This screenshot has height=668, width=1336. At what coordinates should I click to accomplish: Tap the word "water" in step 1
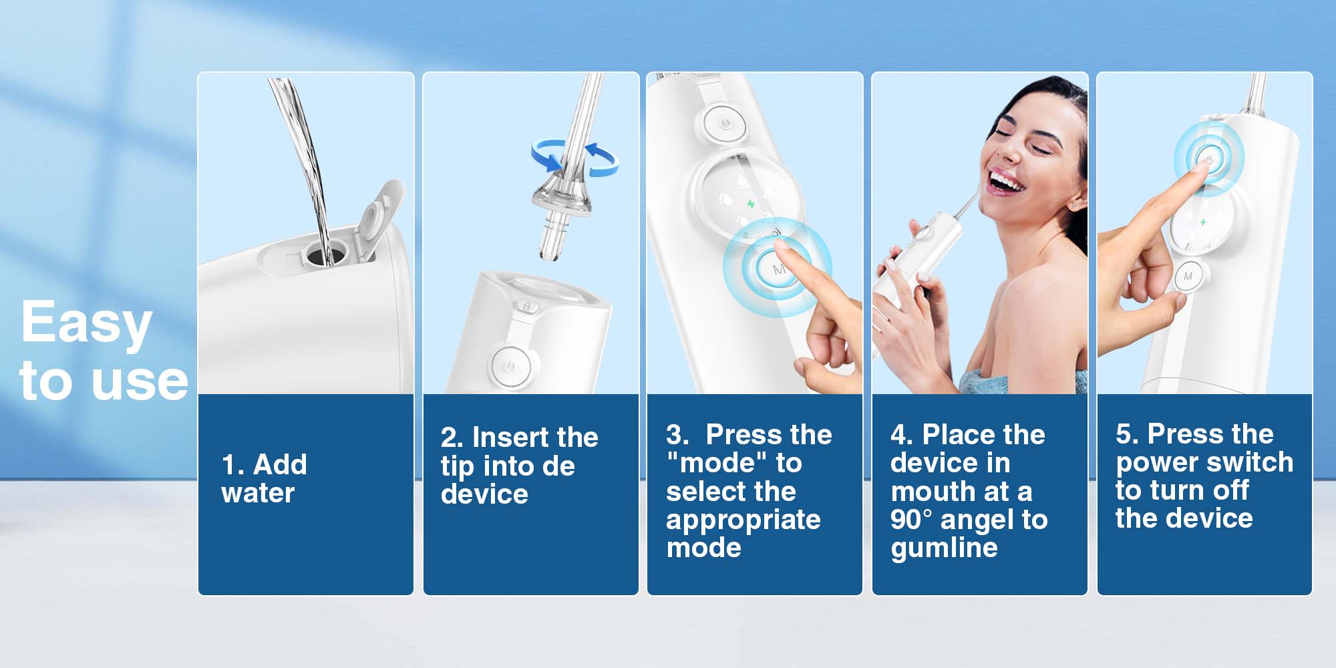tap(257, 494)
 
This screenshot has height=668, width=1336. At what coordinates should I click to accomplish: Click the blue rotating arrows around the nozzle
tap(574, 158)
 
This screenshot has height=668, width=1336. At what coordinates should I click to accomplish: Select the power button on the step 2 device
tap(510, 366)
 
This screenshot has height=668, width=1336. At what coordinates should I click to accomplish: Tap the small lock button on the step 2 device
tap(526, 307)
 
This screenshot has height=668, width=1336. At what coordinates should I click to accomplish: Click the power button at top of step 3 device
tap(724, 124)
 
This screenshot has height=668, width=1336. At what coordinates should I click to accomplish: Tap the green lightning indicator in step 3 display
tap(751, 204)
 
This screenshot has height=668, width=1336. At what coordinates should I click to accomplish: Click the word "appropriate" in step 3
tap(743, 520)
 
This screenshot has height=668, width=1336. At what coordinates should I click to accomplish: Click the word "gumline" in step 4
tap(944, 548)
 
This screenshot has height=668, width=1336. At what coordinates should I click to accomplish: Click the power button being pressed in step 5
tap(1208, 159)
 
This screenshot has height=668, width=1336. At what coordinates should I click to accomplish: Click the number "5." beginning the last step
tap(1127, 434)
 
